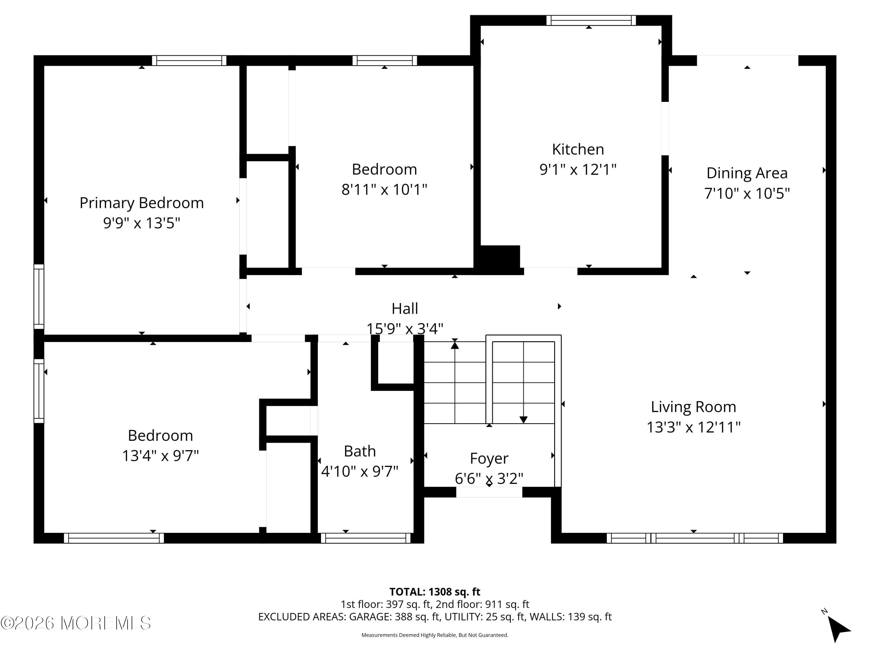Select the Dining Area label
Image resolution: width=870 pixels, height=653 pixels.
pos(746,173)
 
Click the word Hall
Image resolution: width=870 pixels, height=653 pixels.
pos(405,309)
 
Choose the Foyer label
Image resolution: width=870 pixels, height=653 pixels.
pos(489,459)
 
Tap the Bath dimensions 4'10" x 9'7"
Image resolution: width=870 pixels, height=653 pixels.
pos(360,471)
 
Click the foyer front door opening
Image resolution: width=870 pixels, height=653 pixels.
pos(489,492)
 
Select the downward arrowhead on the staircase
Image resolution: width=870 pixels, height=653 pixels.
pos(523,420)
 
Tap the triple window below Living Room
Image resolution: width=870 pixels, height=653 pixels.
pos(695,538)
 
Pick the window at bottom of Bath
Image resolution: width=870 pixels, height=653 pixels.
pos(366,538)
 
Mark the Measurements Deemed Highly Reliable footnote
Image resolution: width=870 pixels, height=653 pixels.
pos(435,635)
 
